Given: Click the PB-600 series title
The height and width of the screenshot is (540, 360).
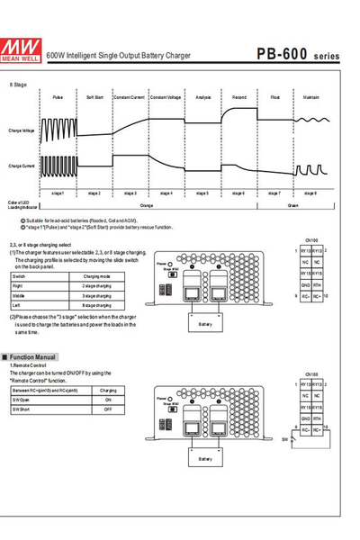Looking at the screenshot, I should [297, 54].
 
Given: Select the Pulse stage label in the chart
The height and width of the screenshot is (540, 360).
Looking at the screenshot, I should [58, 95].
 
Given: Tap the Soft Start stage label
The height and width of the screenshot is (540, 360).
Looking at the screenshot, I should [94, 95].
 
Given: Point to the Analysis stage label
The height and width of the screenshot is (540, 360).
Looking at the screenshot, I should [202, 95].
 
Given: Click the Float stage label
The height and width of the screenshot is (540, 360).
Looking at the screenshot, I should [274, 95].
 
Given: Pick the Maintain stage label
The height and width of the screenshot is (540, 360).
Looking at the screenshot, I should [310, 95].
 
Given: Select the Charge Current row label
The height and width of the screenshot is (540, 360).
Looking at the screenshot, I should [22, 166].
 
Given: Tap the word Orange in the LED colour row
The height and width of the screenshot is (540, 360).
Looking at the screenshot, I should [147, 205].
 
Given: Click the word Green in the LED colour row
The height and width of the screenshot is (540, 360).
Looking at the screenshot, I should [292, 205].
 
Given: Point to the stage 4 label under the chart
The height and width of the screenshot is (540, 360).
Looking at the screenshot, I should [166, 193].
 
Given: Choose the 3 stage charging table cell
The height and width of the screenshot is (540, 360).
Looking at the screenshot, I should [97, 294].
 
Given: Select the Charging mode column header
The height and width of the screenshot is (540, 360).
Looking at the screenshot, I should [97, 275].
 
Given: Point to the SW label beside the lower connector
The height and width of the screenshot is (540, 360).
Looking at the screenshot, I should [285, 439].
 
